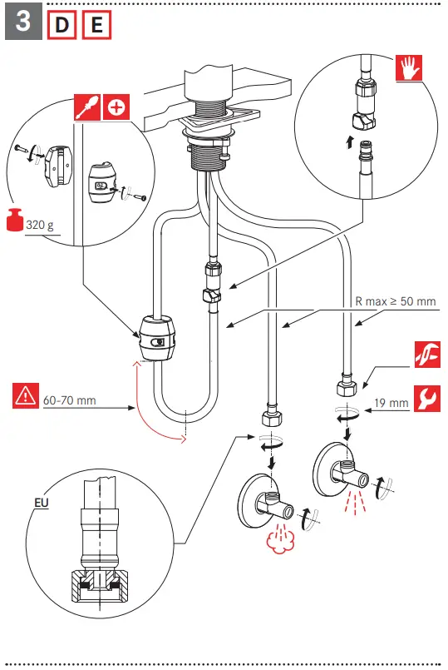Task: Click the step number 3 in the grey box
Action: pyautogui.click(x=24, y=22)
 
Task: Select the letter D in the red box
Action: pyautogui.click(x=62, y=25)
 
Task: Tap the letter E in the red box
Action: pyautogui.click(x=96, y=25)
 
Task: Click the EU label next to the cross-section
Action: pyautogui.click(x=41, y=503)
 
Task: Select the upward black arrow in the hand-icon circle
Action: pyautogui.click(x=348, y=142)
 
